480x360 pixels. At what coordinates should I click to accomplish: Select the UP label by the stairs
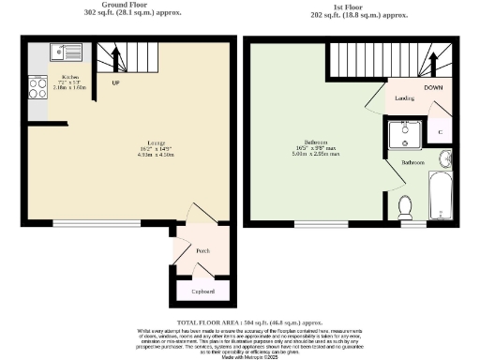(x=116, y=82)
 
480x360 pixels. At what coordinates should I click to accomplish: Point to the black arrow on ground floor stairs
(x=117, y=60)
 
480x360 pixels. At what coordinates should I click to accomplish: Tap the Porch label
(x=202, y=251)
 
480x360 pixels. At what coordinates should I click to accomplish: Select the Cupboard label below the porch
(x=202, y=292)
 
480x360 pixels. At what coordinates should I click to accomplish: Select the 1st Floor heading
(x=353, y=6)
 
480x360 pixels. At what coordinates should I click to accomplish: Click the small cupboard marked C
(x=441, y=132)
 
